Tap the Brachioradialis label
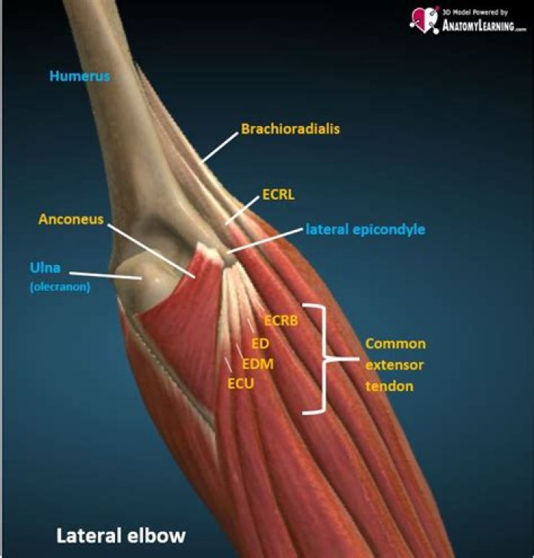(290, 129)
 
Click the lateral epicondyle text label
(365, 230)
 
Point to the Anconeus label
(71, 220)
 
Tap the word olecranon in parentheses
(60, 287)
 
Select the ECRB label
(281, 321)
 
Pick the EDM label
(258, 364)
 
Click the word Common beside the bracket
(395, 344)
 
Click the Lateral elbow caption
(121, 534)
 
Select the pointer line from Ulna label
(116, 275)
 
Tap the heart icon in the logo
(423, 18)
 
